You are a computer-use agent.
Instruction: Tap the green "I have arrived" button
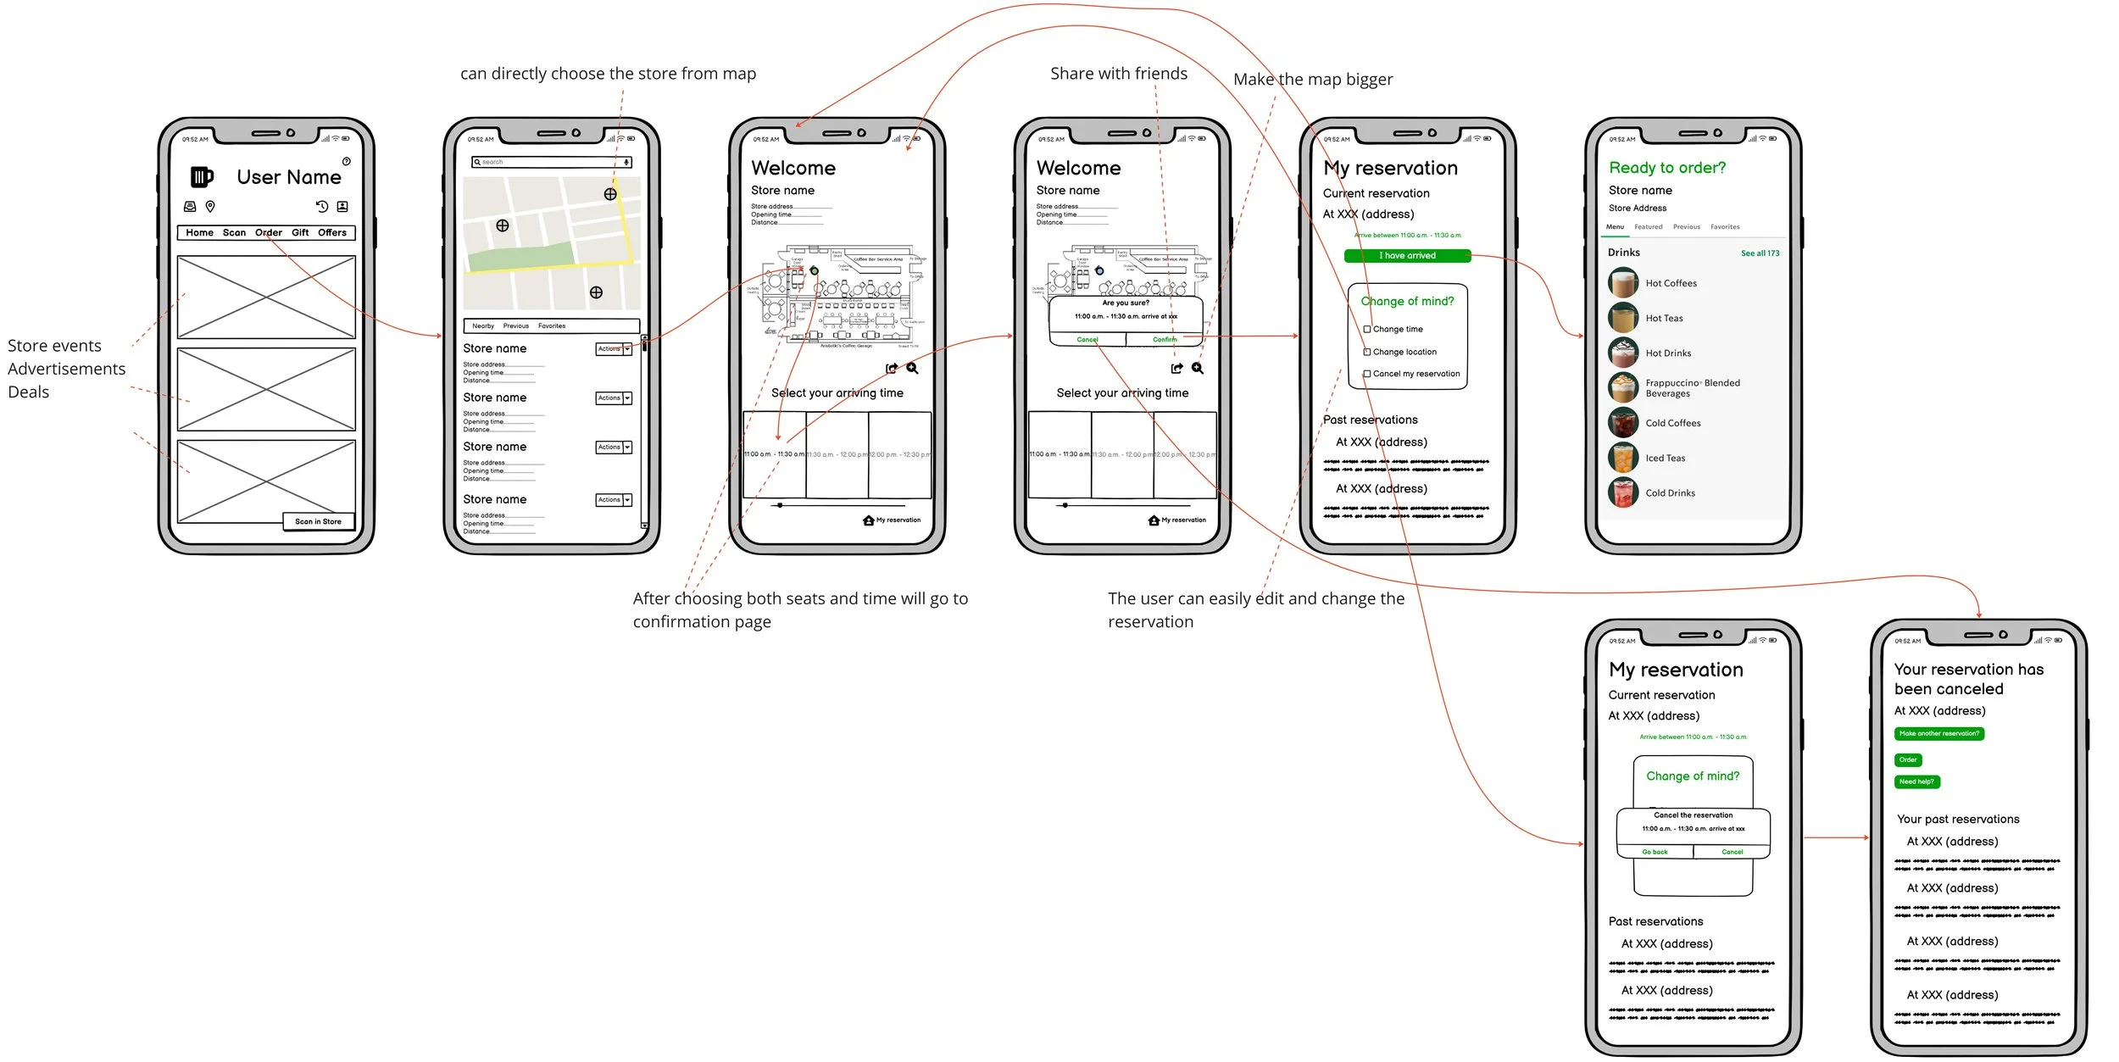[1407, 256]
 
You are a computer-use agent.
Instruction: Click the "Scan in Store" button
[318, 521]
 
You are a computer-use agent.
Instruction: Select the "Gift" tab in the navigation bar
[300, 232]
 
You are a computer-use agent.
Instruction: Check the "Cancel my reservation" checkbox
[1367, 374]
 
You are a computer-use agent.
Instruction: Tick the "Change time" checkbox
[1367, 329]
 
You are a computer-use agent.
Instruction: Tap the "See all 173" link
[1760, 253]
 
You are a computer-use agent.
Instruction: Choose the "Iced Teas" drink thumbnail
[1623, 458]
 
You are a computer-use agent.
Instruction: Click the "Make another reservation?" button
[1938, 734]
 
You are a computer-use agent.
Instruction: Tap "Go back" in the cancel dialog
[1655, 852]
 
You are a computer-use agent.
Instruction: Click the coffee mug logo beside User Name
[202, 176]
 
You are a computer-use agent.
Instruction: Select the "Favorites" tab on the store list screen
[552, 326]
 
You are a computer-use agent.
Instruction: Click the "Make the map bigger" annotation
[1312, 80]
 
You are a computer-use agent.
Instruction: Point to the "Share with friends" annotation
[1118, 74]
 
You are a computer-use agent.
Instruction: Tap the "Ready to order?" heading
[1667, 168]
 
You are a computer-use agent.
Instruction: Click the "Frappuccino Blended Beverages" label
[1692, 388]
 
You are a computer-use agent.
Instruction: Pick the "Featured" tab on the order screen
[1648, 227]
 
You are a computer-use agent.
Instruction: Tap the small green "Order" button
[1908, 760]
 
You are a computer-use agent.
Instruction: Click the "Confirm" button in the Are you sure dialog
[1164, 340]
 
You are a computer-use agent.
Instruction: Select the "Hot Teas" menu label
[1664, 319]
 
